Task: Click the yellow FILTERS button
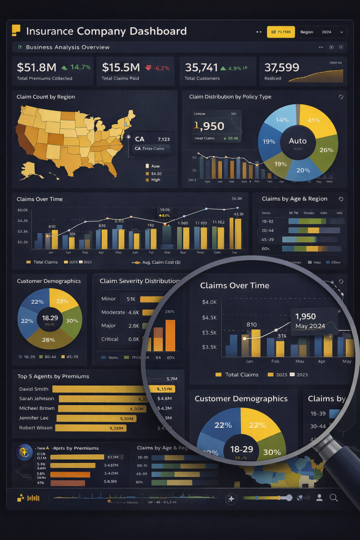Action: point(281,32)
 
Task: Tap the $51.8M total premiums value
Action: point(36,67)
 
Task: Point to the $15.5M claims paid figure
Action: point(121,67)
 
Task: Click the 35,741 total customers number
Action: point(201,67)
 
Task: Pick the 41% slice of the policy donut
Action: point(314,120)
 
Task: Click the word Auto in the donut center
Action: point(297,141)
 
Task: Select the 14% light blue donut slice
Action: point(282,120)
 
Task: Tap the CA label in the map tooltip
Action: point(139,139)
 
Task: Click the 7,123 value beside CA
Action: point(164,139)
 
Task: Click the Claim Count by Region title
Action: point(46,97)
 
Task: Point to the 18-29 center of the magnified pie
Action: point(242,449)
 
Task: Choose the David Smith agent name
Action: point(34,389)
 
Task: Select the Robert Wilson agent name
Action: point(36,427)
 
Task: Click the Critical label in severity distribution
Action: point(110,339)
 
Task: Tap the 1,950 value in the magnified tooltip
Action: point(306,316)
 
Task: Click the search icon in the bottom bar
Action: point(333,497)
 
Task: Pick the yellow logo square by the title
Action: point(16,30)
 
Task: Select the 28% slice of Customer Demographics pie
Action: point(48,340)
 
